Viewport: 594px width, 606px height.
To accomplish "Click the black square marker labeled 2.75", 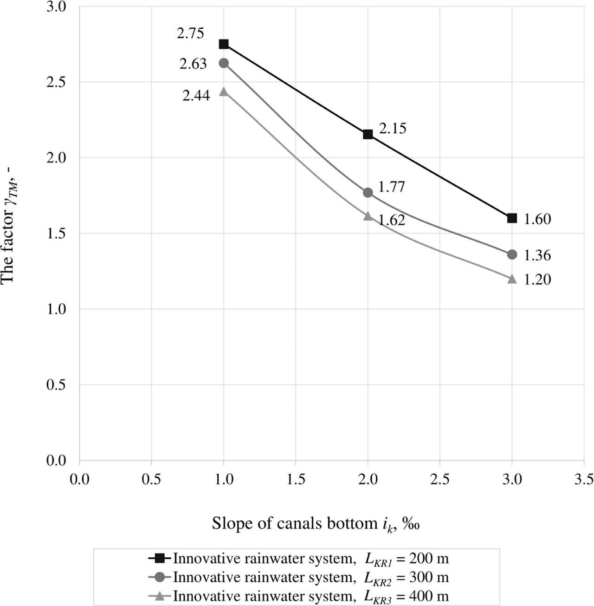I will (224, 44).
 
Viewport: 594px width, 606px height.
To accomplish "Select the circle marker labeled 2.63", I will (224, 63).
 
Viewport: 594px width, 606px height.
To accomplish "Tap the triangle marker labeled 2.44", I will (224, 91).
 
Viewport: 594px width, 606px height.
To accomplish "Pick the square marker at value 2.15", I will (368, 135).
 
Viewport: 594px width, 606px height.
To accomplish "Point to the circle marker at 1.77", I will (368, 192).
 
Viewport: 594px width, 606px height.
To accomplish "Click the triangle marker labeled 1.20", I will (512, 279).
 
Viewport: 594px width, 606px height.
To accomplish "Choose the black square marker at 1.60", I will (512, 218).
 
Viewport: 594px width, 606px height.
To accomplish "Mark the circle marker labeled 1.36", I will (512, 254).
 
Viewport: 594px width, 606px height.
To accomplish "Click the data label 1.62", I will (392, 220).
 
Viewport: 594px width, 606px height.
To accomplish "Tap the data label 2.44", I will (196, 96).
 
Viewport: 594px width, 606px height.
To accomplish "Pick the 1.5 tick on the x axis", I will (296, 478).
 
